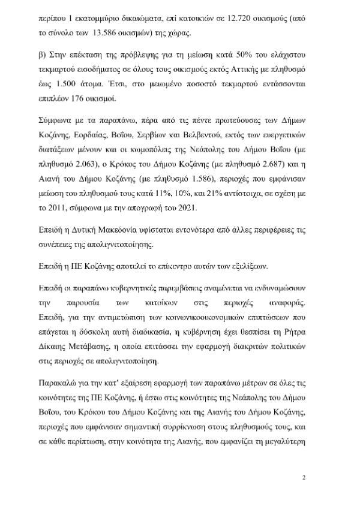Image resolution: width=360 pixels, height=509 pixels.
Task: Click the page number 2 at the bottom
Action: [305, 477]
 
